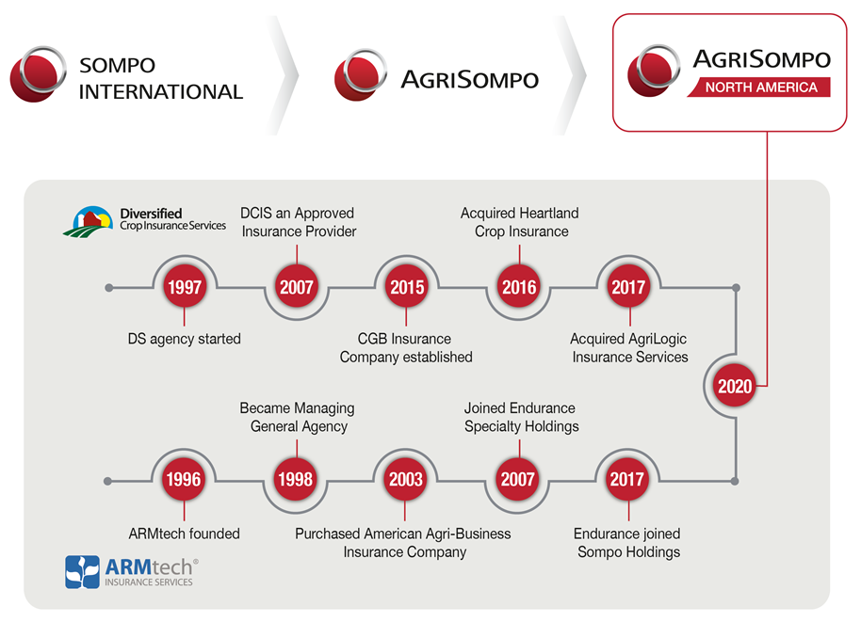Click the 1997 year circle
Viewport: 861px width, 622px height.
[x=185, y=287]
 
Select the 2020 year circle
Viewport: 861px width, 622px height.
[x=735, y=386]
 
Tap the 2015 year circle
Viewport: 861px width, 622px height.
[x=406, y=287]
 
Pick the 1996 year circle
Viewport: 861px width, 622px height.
[x=184, y=479]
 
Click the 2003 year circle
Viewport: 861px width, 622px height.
[x=405, y=479]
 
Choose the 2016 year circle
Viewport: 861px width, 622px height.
[x=519, y=287]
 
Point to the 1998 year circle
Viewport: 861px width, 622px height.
[x=296, y=479]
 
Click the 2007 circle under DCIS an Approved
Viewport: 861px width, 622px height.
[x=297, y=287]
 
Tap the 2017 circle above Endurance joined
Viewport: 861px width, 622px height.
[x=627, y=479]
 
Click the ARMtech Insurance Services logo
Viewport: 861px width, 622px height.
[x=132, y=572]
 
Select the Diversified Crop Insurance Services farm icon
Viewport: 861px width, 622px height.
[x=88, y=221]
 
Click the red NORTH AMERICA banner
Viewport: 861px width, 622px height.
[x=759, y=88]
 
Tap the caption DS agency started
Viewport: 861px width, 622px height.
[x=184, y=339]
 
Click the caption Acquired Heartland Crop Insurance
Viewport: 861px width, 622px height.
[x=520, y=222]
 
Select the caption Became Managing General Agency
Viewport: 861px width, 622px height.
[x=297, y=417]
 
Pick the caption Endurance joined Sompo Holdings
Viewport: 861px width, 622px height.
[x=627, y=542]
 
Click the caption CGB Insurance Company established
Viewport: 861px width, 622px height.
[x=406, y=348]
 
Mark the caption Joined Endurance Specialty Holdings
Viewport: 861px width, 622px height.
[x=521, y=417]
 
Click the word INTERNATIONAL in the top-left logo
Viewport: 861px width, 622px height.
[x=161, y=91]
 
